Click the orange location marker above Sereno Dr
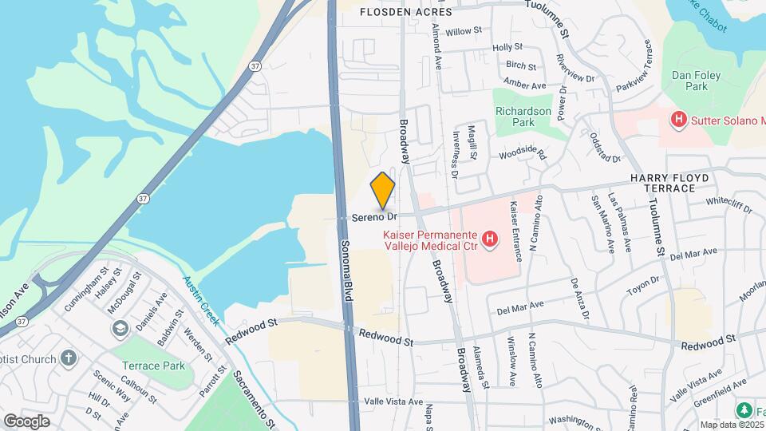pyautogui.click(x=383, y=190)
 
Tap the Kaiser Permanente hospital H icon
pyautogui.click(x=490, y=237)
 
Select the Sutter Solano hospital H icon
pyautogui.click(x=678, y=121)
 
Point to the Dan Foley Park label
pyautogui.click(x=690, y=80)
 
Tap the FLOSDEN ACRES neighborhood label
pyautogui.click(x=405, y=12)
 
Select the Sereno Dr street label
pyautogui.click(x=374, y=216)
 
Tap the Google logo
pyautogui.click(x=26, y=421)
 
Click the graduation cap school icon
pyautogui.click(x=120, y=328)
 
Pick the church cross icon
pyautogui.click(x=69, y=356)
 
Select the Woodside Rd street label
pyautogui.click(x=522, y=154)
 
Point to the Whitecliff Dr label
pyautogui.click(x=729, y=205)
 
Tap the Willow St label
pyautogui.click(x=464, y=31)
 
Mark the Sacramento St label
pyautogui.click(x=254, y=397)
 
